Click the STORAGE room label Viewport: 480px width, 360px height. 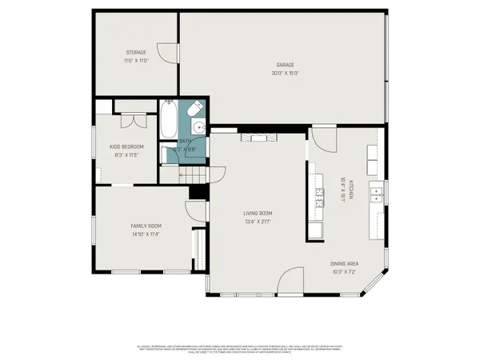(135, 53)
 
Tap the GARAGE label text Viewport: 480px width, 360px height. (286, 65)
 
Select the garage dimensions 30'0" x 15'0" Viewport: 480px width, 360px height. (286, 74)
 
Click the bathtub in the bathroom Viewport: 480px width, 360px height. (168, 120)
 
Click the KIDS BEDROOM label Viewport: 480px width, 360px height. (127, 146)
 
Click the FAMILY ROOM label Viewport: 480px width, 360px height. (146, 226)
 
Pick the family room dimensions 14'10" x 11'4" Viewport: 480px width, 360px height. (146, 234)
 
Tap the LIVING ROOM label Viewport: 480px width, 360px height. (258, 213)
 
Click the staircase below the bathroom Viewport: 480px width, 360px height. (183, 174)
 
